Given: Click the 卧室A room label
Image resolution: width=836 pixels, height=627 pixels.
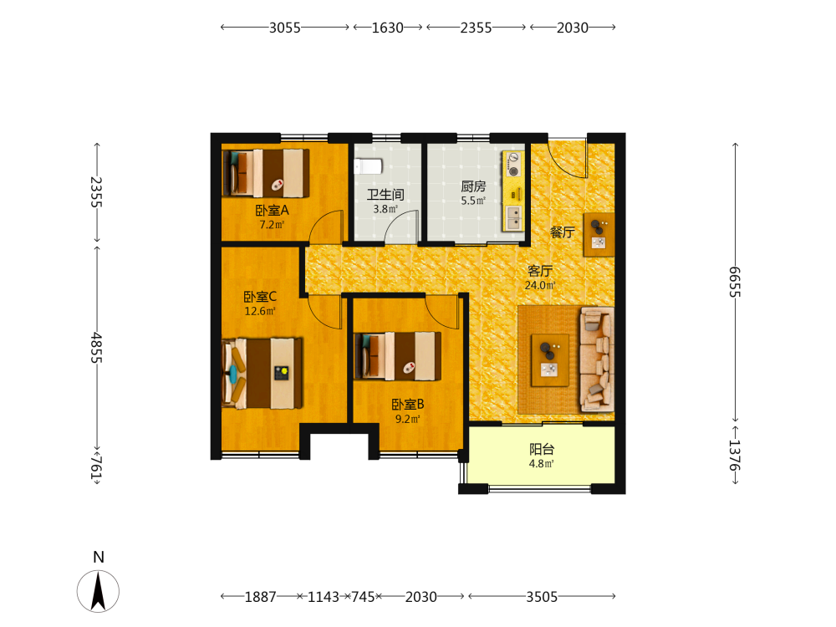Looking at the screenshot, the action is click(272, 210).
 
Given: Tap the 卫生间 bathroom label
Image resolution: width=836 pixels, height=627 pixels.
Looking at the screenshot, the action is click(385, 195).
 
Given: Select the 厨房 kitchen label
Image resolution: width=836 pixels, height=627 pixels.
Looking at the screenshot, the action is click(473, 186).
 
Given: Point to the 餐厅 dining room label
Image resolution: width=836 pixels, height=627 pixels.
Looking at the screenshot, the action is click(562, 232).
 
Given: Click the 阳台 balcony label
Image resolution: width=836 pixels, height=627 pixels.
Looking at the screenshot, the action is click(542, 450).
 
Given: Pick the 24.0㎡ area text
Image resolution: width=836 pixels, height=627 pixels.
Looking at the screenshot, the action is click(540, 285).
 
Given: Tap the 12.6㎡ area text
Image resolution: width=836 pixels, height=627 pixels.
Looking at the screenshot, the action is click(260, 311).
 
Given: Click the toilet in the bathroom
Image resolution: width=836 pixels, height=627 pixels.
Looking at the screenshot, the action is click(369, 166).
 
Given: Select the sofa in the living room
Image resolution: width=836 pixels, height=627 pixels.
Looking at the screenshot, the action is click(596, 359).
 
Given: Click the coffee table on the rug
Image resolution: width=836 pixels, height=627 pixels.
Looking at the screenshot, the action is click(550, 359).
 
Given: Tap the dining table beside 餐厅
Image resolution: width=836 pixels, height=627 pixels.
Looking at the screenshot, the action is click(599, 235).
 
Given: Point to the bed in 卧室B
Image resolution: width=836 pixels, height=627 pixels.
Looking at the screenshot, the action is click(398, 356).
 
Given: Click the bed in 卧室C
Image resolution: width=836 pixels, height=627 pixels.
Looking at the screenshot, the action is click(262, 373).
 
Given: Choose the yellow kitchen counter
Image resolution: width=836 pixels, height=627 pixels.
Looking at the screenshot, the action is click(513, 191).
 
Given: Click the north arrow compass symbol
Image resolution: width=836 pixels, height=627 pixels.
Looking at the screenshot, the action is click(98, 590).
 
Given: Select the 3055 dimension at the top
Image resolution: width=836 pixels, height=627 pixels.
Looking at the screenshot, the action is click(285, 28).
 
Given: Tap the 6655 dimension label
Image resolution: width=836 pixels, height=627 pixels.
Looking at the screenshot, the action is click(735, 282).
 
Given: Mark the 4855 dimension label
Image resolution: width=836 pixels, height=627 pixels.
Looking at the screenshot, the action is click(96, 348).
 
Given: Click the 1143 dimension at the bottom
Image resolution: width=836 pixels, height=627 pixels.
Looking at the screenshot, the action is click(323, 597).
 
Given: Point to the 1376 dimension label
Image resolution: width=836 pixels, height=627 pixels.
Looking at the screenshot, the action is click(735, 455).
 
